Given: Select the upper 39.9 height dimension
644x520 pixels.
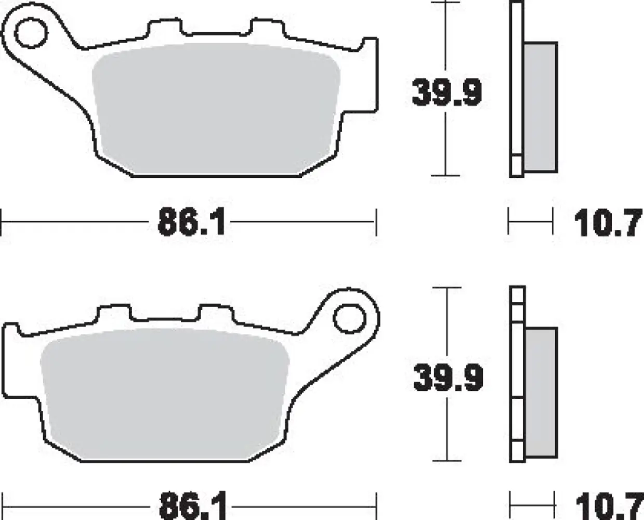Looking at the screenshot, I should pos(446,93).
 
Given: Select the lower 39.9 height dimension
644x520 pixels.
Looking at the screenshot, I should pos(448,378).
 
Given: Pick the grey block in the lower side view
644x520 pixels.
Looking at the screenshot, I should pos(541,393).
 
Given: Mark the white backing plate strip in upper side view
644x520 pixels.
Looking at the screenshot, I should pos(516,88).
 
